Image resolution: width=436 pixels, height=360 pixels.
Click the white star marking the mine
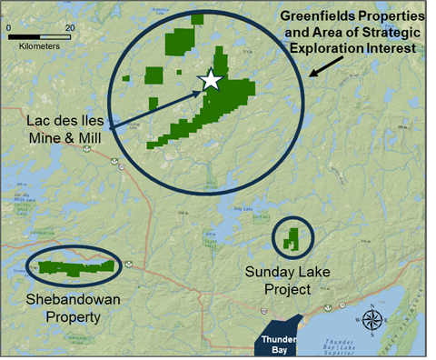(211, 80)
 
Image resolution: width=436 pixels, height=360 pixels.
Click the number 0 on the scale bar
(9, 27)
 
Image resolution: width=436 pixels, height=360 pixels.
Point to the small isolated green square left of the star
(154, 75)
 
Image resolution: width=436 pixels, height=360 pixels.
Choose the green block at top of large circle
(179, 41)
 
